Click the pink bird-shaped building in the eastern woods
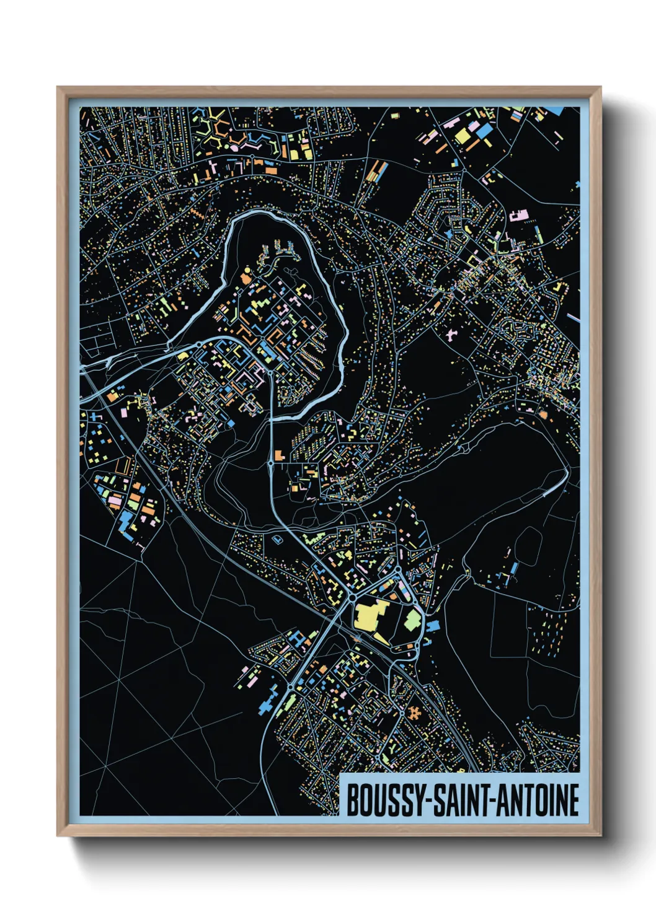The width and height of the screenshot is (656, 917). coord(451,335)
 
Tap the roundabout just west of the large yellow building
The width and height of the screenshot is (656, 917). coord(352,597)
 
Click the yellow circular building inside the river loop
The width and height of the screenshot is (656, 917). coord(244,270)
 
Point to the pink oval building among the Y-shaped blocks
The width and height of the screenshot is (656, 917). coord(234,147)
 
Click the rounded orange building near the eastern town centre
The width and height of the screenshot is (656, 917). coord(543,414)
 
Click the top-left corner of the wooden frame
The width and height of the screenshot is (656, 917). coord(58,87)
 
